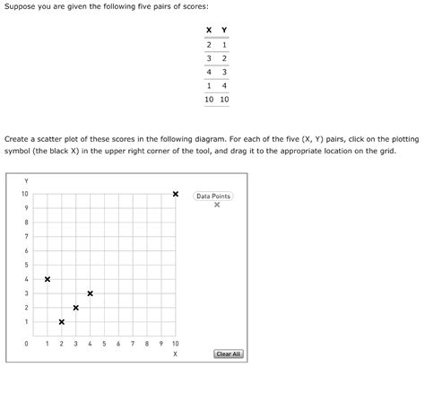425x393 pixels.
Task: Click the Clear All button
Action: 229,354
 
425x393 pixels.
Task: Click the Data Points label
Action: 214,196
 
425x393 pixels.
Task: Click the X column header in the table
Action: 209,30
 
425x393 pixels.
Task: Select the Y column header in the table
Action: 223,30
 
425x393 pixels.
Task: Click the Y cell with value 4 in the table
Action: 223,85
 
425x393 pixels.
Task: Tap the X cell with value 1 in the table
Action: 209,85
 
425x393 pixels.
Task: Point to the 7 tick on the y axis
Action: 26,236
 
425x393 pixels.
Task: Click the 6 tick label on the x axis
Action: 118,344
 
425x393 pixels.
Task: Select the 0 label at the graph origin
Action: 26,344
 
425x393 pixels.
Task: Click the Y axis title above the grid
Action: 26,179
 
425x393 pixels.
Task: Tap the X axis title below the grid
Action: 175,355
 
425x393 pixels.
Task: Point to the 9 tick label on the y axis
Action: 26,208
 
